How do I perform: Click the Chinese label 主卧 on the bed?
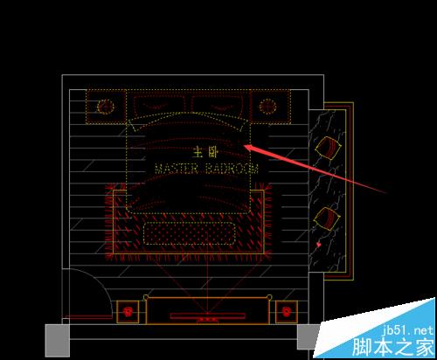[205, 152]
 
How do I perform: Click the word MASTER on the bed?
[177, 170]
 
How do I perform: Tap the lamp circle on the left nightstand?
[105, 107]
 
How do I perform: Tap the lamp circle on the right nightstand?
[267, 107]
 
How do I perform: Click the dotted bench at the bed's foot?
[190, 233]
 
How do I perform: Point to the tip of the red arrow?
[244, 145]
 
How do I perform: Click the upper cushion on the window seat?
[328, 148]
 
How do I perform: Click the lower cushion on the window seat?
[327, 219]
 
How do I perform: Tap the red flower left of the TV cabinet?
[128, 312]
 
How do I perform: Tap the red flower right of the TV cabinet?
[287, 312]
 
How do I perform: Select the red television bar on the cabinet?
[207, 316]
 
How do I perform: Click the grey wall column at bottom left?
[58, 341]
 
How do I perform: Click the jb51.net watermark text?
[407, 331]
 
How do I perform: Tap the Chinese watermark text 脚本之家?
[393, 347]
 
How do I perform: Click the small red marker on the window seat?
[319, 245]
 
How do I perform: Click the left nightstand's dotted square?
[106, 107]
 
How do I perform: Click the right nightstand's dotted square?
[270, 107]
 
